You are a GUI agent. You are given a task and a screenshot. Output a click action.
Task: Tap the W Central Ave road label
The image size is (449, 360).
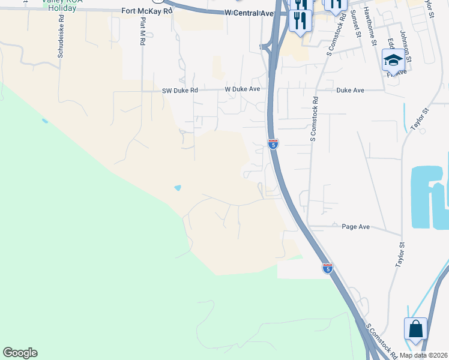(249, 13)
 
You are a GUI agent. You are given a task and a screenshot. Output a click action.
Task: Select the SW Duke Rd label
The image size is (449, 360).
(179, 91)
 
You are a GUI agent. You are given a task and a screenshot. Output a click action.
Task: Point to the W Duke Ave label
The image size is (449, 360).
(243, 89)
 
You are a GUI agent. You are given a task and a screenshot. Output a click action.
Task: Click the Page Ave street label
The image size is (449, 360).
(355, 227)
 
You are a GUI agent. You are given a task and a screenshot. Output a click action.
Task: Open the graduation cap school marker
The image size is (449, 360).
(393, 60)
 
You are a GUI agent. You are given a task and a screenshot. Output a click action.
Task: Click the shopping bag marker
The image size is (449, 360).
(415, 329)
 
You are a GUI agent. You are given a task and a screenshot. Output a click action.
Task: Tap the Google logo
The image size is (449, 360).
(20, 353)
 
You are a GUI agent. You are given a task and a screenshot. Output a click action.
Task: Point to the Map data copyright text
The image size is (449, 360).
(423, 355)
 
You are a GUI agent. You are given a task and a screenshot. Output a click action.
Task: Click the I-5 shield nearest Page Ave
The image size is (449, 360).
(327, 268)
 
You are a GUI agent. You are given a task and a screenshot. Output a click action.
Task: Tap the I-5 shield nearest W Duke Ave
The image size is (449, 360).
(273, 144)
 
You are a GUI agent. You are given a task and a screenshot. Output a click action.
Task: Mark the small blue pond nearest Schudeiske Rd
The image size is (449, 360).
(44, 121)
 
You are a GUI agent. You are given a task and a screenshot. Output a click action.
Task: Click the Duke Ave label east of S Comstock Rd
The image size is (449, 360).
(351, 90)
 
